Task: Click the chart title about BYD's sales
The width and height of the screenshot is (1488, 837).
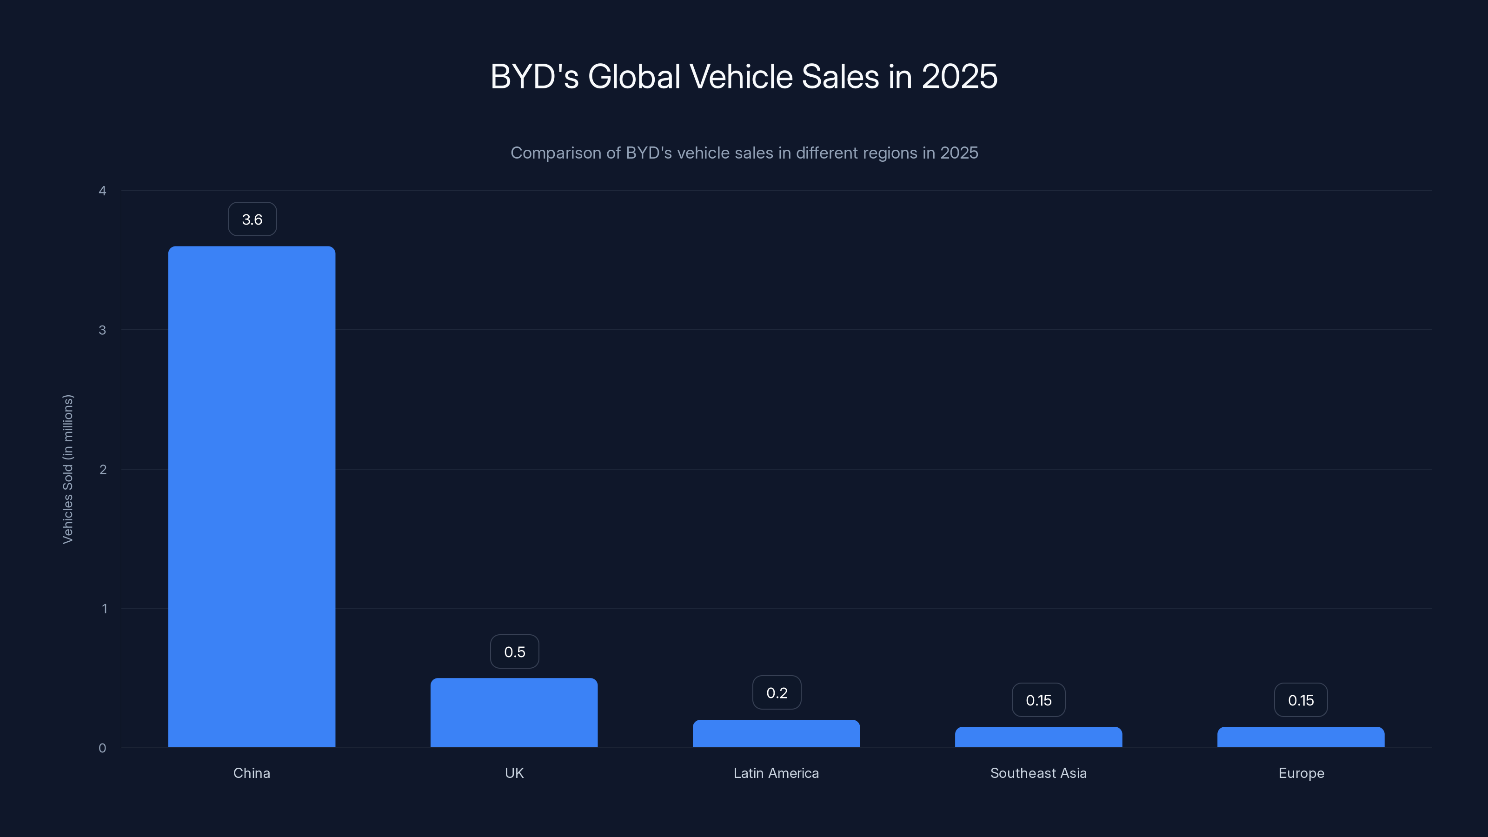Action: click(744, 76)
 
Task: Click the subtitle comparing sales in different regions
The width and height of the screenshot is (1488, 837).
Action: click(744, 153)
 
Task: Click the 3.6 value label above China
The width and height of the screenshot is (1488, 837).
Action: click(252, 219)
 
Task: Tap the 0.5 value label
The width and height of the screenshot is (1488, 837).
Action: click(514, 651)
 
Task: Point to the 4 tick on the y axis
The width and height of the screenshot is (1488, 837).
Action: click(102, 191)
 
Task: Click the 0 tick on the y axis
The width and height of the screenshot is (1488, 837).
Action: click(102, 748)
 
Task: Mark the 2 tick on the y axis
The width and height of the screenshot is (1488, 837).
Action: click(103, 470)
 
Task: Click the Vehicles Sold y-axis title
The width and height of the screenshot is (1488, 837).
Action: click(67, 469)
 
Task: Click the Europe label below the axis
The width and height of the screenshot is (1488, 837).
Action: click(1301, 773)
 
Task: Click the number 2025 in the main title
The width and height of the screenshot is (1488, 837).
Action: click(959, 76)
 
